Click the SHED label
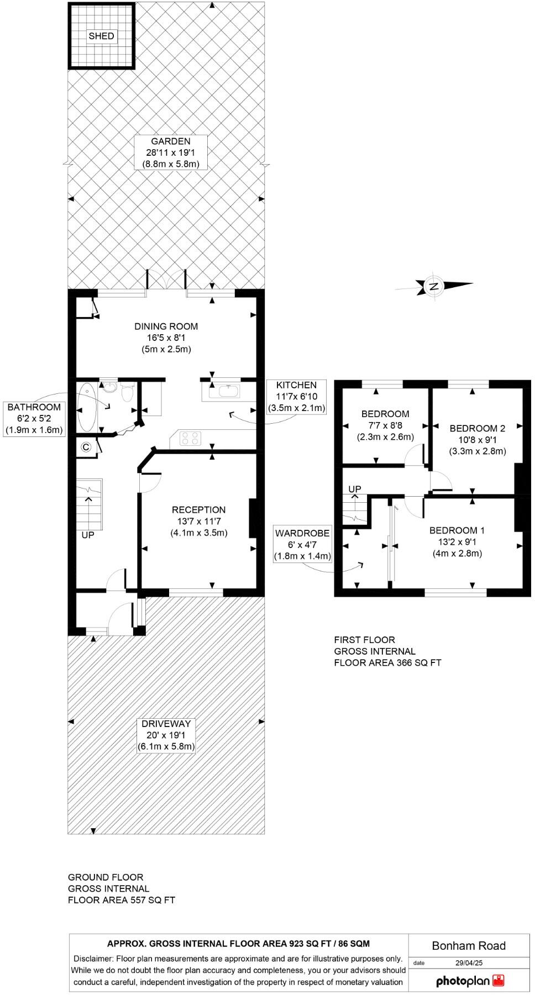point(101,36)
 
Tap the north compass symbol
point(434,286)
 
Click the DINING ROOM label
point(166,338)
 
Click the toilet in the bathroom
point(128,393)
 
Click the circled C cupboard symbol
point(86,448)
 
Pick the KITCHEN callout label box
point(296,397)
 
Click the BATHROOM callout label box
point(34,418)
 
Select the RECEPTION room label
point(198,521)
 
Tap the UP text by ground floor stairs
point(88,535)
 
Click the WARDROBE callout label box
point(302,545)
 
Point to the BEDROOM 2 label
point(477,439)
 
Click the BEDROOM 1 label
point(457,541)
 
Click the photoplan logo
point(470,981)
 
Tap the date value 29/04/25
point(469,962)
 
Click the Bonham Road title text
point(469,945)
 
